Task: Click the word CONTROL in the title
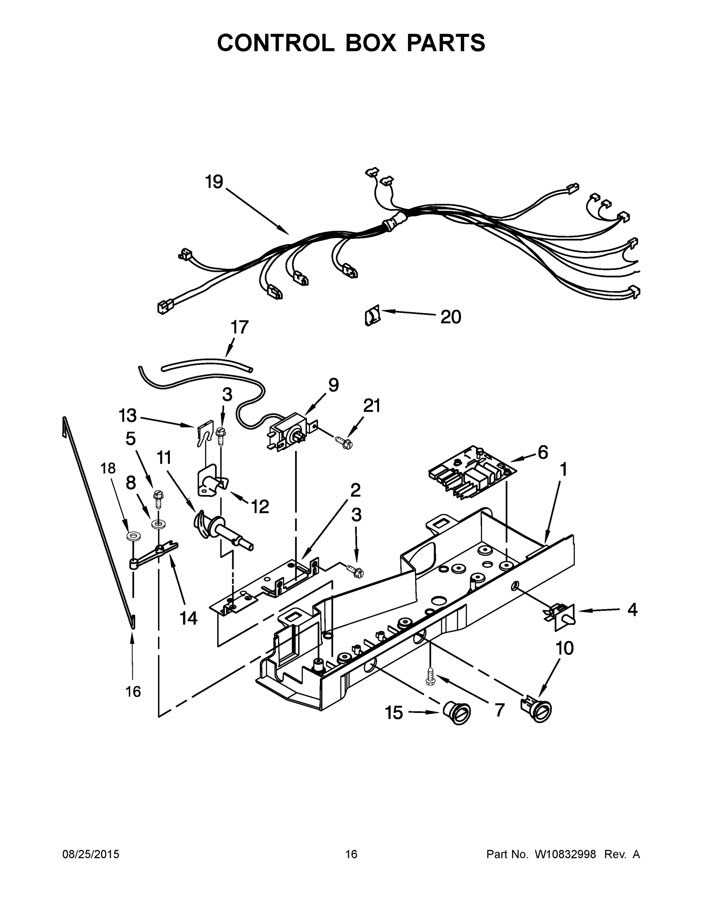click(276, 43)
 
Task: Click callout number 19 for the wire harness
click(214, 182)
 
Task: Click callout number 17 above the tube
click(240, 327)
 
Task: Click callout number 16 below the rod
click(133, 691)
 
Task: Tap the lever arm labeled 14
click(152, 556)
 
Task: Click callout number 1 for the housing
click(563, 470)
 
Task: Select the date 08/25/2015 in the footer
click(91, 854)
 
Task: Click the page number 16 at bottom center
click(351, 854)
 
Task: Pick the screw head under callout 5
click(159, 494)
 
